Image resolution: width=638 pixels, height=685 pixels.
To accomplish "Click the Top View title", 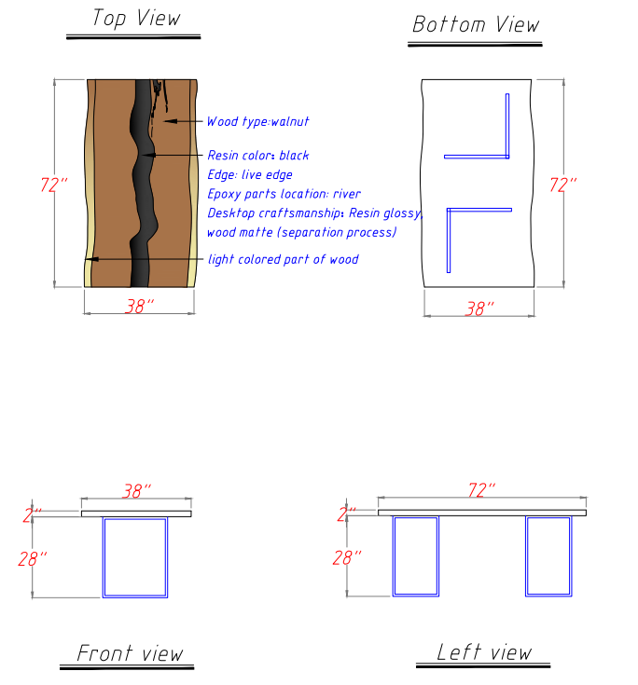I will tap(135, 19).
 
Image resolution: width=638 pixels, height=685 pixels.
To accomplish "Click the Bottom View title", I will tap(476, 24).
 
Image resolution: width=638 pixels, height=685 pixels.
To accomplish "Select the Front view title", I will tap(130, 653).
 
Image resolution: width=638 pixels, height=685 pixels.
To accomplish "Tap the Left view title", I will tap(484, 652).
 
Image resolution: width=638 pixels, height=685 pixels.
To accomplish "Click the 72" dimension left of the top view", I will tap(54, 185).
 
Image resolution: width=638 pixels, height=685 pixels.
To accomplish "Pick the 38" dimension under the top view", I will tap(138, 306).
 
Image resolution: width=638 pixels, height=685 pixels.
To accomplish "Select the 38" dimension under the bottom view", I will tap(478, 308).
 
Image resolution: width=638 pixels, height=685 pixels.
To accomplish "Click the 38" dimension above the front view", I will tap(136, 491).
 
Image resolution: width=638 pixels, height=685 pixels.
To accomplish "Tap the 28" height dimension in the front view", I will tap(32, 559).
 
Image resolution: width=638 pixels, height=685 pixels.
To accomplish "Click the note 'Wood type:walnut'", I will tap(257, 121).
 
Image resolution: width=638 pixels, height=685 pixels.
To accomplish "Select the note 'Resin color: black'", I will tap(257, 156).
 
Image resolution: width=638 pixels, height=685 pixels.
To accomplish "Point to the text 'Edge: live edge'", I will tap(249, 174).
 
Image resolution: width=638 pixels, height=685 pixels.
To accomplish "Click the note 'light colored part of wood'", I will tap(283, 259).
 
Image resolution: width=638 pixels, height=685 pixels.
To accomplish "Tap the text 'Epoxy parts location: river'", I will tap(284, 194).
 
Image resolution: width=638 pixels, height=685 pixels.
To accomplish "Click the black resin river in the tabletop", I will tap(143, 186).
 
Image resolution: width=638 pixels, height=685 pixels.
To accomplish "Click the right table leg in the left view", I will tap(548, 555).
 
